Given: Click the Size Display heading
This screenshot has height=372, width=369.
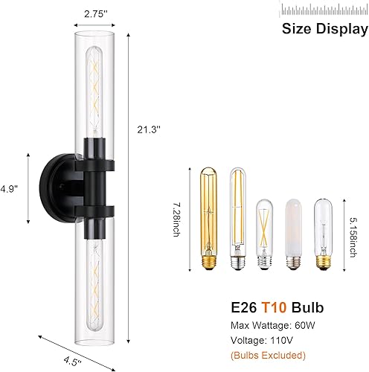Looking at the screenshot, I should [x=324, y=29].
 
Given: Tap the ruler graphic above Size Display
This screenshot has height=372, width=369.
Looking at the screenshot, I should [x=324, y=9].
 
